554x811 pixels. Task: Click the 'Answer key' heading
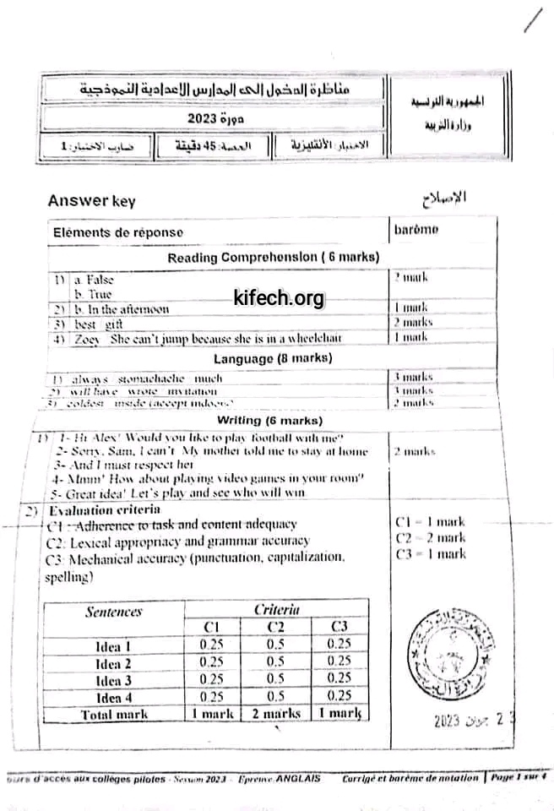(91, 201)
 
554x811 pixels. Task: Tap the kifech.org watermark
(278, 298)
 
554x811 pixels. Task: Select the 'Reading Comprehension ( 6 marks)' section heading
(273, 257)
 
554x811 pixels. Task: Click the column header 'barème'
(416, 229)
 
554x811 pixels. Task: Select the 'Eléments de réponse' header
(117, 232)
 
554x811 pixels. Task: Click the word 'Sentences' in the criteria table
(113, 612)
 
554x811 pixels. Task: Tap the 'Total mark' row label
(113, 714)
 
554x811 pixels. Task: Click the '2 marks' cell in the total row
(276, 714)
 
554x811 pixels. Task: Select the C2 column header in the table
(276, 627)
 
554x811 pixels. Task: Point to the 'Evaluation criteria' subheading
(92, 510)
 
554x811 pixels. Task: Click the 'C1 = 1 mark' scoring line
(430, 523)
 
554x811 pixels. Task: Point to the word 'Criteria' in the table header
(276, 609)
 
